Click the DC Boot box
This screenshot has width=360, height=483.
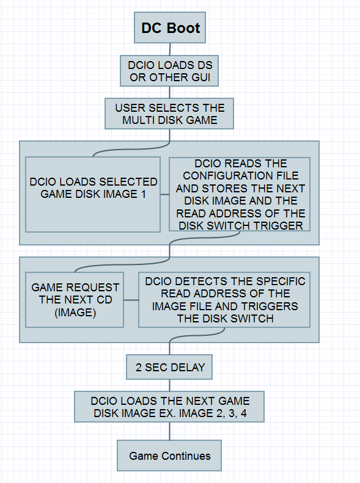point(170,27)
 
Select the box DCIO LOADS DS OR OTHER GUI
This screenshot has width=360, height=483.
point(169,71)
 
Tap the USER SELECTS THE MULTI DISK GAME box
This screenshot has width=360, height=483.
point(169,114)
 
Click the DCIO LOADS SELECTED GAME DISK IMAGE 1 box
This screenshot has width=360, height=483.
point(93,194)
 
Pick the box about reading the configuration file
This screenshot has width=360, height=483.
point(240,194)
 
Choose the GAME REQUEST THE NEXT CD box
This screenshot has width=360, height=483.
point(75,300)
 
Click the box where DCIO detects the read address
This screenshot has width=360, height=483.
point(224,300)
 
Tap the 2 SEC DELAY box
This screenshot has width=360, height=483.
point(169,367)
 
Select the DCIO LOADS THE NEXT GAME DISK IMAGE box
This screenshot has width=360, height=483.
point(169,407)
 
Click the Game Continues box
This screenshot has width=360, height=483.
point(169,456)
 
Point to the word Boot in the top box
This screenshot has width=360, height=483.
point(184,28)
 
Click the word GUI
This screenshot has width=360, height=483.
point(200,78)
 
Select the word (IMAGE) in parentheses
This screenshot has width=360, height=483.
point(75,313)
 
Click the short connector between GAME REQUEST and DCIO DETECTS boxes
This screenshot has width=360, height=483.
point(131,300)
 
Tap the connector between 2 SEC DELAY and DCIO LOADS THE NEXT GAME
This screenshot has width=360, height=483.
point(169,385)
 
